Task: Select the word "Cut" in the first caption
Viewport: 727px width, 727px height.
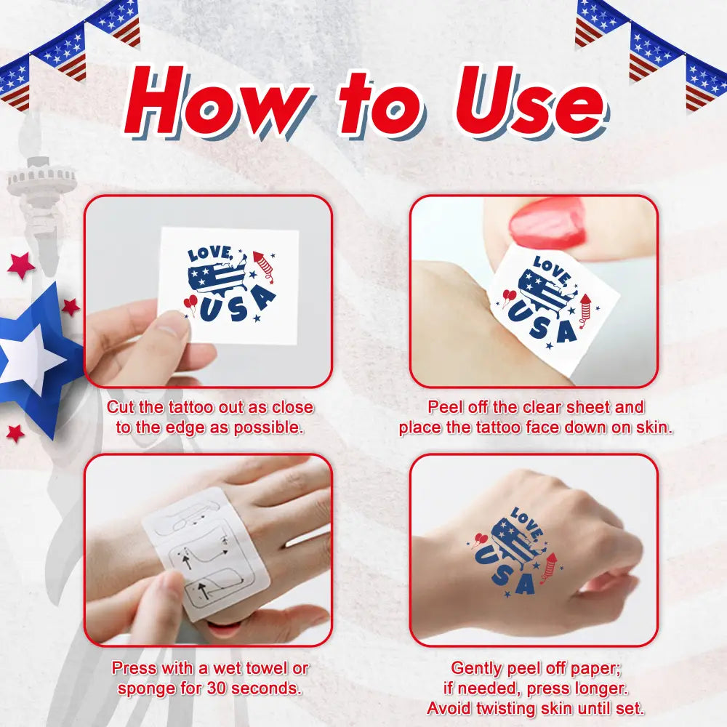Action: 121,407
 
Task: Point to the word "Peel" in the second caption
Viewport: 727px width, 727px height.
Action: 446,407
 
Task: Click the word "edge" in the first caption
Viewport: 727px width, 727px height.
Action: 193,427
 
